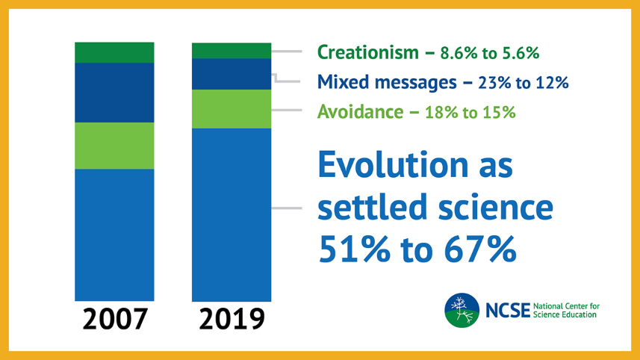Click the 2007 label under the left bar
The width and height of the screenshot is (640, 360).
point(114,319)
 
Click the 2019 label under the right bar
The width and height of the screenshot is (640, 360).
point(232,319)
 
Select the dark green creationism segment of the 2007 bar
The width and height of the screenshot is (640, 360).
point(114,52)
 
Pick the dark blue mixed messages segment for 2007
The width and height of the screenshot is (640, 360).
point(114,92)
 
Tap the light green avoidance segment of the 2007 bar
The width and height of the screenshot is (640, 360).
point(114,146)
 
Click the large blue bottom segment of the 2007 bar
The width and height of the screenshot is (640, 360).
point(114,235)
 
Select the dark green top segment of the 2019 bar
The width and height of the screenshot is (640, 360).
point(232,50)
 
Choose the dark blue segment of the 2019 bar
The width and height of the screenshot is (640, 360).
point(232,74)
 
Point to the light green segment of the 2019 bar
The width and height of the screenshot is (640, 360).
point(232,109)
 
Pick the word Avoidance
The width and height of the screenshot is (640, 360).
point(355,112)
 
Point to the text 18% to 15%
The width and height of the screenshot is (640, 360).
point(470,113)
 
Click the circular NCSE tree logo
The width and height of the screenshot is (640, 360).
point(462,311)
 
